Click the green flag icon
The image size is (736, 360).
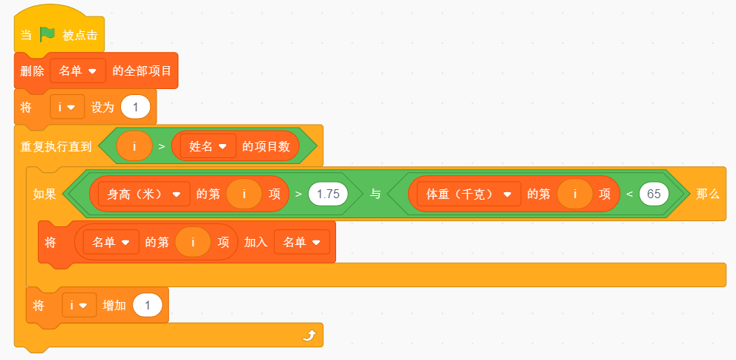47,34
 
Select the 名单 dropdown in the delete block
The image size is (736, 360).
78,71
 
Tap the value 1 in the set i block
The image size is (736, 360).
136,108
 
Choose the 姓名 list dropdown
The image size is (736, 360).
208,146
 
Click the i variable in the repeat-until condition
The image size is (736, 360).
134,146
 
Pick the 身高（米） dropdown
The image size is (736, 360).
144,194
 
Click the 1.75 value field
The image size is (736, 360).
328,194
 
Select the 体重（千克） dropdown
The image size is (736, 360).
468,194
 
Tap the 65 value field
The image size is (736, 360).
654,194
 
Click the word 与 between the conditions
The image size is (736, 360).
375,194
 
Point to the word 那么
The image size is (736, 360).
708,194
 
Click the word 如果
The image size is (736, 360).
44,194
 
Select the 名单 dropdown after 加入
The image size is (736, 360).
302,242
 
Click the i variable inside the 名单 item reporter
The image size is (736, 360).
193,242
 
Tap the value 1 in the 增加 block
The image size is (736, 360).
148,306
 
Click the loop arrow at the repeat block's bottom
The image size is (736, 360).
309,335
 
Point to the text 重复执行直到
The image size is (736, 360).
56,146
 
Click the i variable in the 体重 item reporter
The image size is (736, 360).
575,194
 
